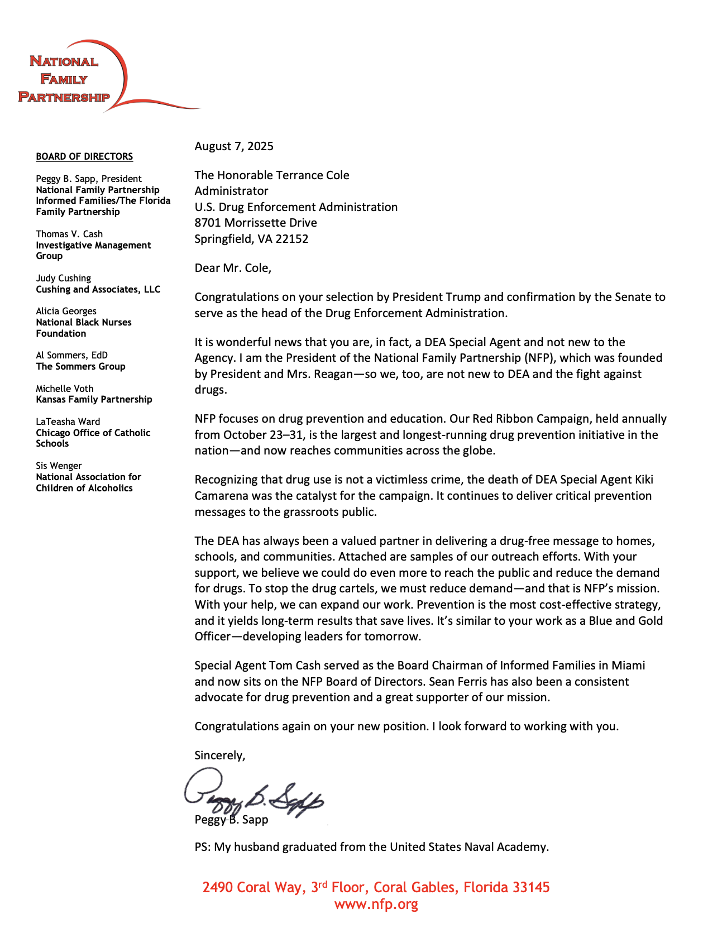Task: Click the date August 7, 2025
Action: [x=234, y=146]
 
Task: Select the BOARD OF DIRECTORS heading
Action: [x=84, y=157]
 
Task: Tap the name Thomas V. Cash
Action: [x=69, y=234]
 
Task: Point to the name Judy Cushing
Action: [x=63, y=278]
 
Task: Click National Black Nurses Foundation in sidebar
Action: [x=84, y=328]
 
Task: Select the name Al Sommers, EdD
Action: [x=71, y=355]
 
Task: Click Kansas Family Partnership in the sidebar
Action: [x=94, y=399]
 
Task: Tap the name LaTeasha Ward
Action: [x=68, y=422]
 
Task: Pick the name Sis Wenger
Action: [x=59, y=466]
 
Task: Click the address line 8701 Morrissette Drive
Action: [x=256, y=223]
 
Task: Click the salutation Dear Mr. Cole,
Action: [x=233, y=268]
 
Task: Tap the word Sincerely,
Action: [x=220, y=755]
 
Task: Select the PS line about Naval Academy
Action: [x=371, y=847]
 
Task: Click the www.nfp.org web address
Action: [x=376, y=904]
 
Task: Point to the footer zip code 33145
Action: [x=530, y=887]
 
